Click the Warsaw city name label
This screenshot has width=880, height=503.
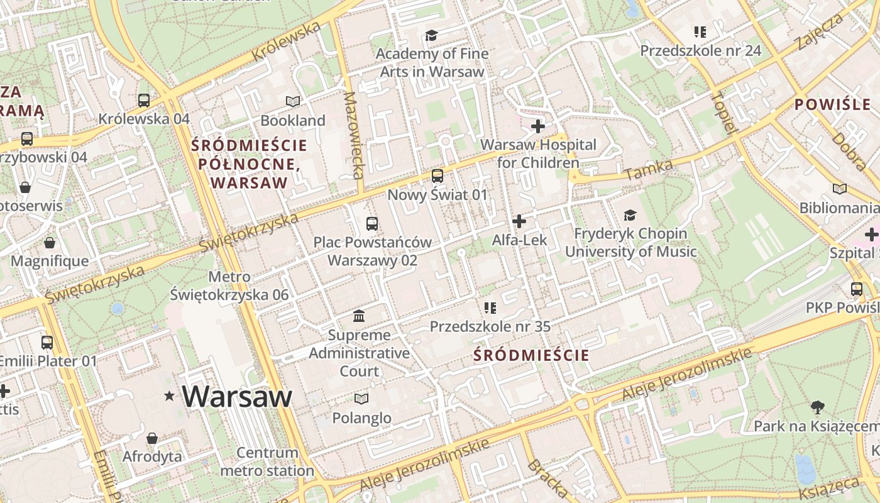point(237,396)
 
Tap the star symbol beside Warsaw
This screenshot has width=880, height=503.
point(169,396)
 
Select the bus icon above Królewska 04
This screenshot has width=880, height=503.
point(144,100)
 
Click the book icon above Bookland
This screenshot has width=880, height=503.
point(293,101)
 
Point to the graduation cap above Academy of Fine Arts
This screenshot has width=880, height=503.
point(431,35)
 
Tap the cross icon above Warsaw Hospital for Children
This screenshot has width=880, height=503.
point(538,126)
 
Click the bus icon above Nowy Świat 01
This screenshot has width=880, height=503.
point(437,176)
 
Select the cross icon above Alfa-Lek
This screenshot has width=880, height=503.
point(519,221)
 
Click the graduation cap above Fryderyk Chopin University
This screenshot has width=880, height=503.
point(630,216)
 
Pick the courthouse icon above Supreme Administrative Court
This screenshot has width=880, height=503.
point(360,316)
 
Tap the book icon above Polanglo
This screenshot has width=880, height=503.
point(361,399)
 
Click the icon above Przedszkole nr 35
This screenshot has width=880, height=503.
point(490,308)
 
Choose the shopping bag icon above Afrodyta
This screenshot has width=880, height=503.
point(152,438)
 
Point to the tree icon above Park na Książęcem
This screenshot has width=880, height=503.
point(817,407)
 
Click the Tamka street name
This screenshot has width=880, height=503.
point(649,170)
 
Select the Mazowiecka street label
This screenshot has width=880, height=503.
point(354,135)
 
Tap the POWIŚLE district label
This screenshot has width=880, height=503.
point(832,104)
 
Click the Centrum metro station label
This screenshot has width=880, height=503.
point(267,462)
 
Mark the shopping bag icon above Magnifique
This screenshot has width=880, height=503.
point(50,243)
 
